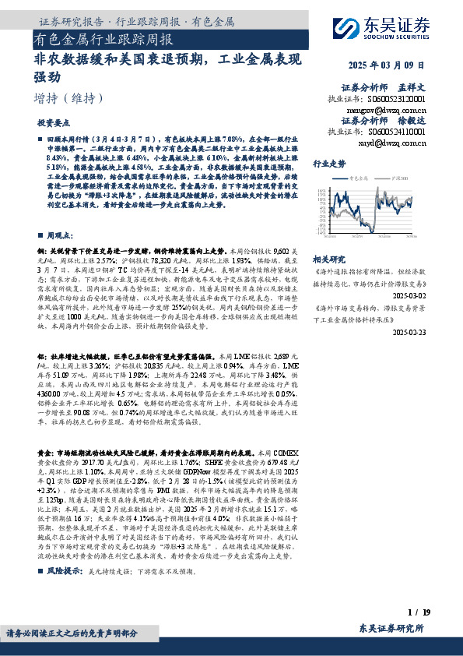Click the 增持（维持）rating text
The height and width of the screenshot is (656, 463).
point(69,98)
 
